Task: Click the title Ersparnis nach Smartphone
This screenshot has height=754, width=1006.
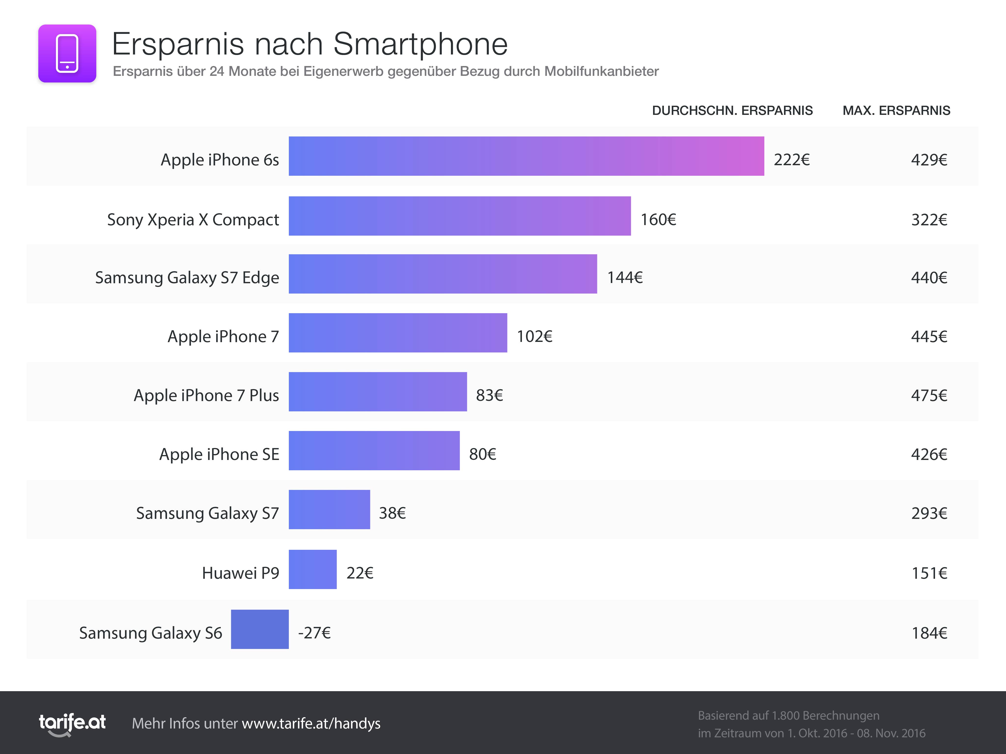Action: click(x=310, y=44)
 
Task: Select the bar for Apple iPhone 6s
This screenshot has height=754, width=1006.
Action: click(x=526, y=156)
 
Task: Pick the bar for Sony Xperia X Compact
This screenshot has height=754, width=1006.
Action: click(x=459, y=216)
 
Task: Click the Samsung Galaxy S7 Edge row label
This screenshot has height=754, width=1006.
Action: click(x=187, y=277)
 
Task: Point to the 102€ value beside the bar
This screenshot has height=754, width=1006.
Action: click(x=534, y=336)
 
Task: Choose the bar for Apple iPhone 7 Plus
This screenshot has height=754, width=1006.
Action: click(x=377, y=392)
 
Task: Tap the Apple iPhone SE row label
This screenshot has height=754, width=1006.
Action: click(x=219, y=454)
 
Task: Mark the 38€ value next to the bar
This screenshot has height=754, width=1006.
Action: click(x=392, y=513)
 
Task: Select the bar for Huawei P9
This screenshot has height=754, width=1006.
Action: click(x=312, y=569)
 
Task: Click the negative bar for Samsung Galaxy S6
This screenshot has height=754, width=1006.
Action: click(x=260, y=629)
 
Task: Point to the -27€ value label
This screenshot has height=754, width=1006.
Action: click(x=314, y=633)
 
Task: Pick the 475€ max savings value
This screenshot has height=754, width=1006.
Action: click(x=929, y=395)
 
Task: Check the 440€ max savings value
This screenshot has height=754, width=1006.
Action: click(x=929, y=277)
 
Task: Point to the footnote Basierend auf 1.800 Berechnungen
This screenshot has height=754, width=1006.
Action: click(x=788, y=715)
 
